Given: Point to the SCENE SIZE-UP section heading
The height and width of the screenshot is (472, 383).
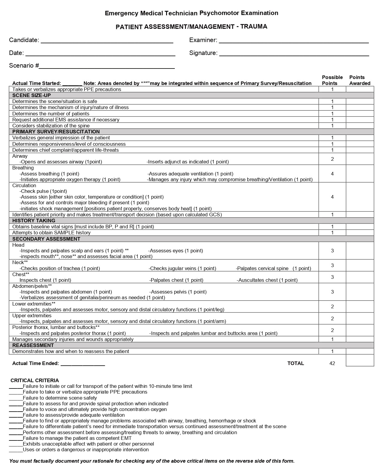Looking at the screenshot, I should coord(32,96).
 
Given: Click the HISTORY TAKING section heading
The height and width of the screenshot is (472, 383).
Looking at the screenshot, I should coord(34,221).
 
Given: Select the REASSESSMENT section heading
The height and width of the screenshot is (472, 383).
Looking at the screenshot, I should coord(33,345).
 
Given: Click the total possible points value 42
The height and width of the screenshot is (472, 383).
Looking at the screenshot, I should coord(332,363).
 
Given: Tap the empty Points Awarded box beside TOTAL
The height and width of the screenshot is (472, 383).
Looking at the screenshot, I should coord(360,361).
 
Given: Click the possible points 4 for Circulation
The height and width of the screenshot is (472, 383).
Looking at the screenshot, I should coord(332,197).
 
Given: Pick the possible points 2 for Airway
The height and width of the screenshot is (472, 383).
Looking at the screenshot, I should coord(332,159).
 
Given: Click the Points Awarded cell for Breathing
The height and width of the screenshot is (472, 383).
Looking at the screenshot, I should coord(360,174).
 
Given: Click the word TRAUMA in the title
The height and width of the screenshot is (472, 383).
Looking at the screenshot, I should coord(254,26).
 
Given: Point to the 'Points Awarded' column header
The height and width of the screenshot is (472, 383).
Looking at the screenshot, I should coord(360,80).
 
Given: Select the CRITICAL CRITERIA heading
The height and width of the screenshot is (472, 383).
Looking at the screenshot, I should coord(35,380).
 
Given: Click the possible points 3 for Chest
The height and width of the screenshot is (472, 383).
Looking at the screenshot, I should coord(332,277).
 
